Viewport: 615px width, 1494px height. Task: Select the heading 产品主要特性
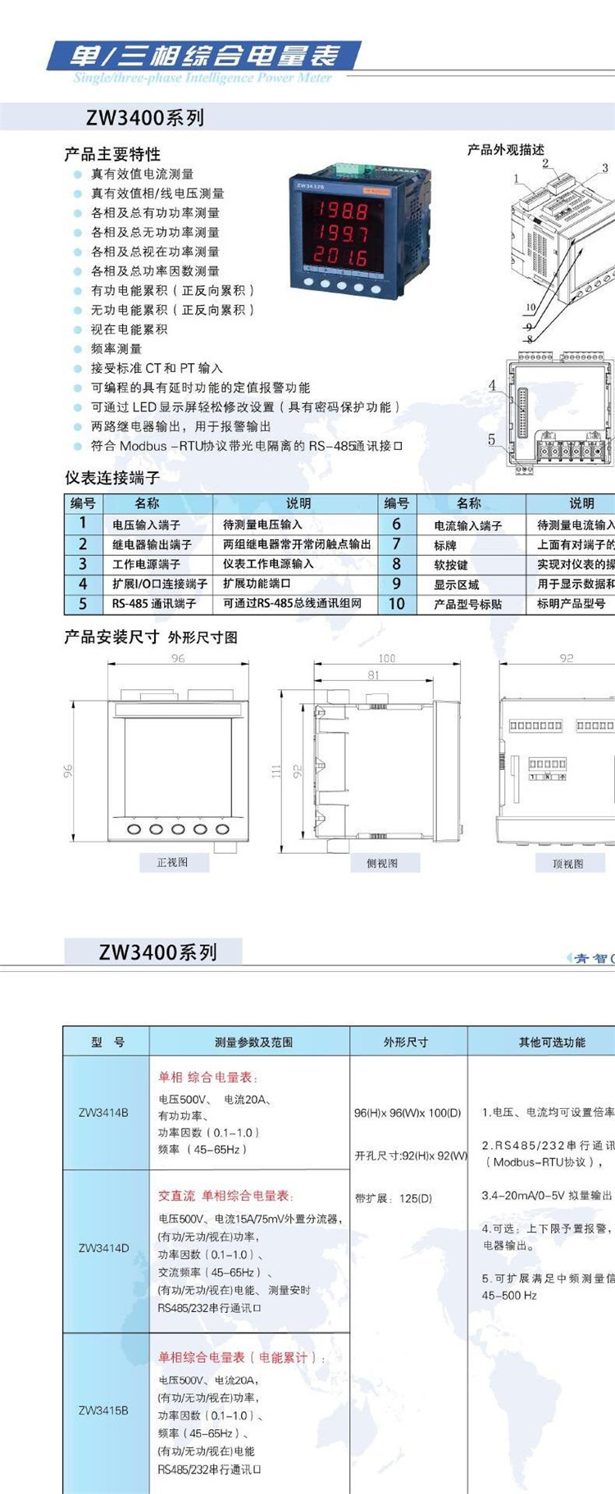pyautogui.click(x=112, y=154)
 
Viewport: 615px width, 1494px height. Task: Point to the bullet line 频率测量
pyautogui.click(x=116, y=348)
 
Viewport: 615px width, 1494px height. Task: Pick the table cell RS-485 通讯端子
pyautogui.click(x=153, y=603)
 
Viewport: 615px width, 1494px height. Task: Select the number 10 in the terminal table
pyautogui.click(x=396, y=604)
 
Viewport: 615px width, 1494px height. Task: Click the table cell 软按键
pyautogui.click(x=450, y=565)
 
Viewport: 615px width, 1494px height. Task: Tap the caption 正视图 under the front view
pyautogui.click(x=172, y=862)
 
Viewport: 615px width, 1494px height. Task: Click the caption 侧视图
pyautogui.click(x=382, y=863)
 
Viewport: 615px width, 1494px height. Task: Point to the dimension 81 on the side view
pyautogui.click(x=374, y=675)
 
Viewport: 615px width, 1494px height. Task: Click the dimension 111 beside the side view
pyautogui.click(x=276, y=770)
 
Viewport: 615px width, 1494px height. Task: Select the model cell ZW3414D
pyautogui.click(x=103, y=1248)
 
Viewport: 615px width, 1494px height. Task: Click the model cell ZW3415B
pyautogui.click(x=103, y=1410)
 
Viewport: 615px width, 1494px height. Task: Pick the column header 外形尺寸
pyautogui.click(x=406, y=1042)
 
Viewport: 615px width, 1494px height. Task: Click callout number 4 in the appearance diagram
pyautogui.click(x=492, y=385)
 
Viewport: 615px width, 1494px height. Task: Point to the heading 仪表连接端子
pyautogui.click(x=112, y=477)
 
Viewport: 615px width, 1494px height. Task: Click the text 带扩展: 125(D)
pyautogui.click(x=394, y=1198)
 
